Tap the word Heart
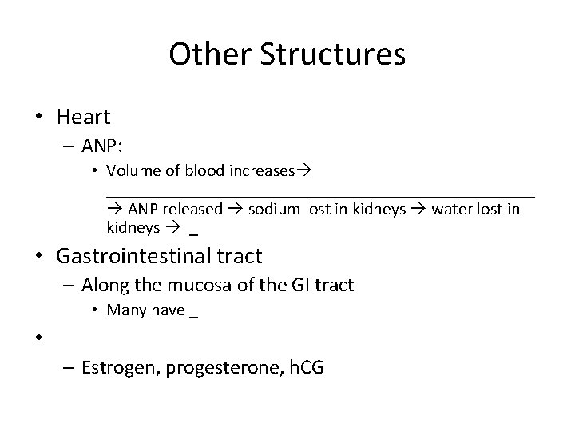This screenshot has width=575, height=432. click(83, 118)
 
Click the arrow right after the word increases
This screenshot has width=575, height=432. click(303, 170)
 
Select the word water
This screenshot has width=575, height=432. click(450, 210)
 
